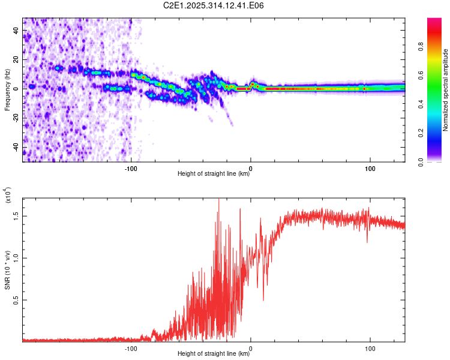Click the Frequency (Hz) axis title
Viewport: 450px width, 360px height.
7,89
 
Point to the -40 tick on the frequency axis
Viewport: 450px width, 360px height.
14,147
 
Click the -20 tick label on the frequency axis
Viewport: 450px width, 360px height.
14,118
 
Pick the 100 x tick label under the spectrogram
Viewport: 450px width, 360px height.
370,169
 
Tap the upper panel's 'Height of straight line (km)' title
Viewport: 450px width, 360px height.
214,174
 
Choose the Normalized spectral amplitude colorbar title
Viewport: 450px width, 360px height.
446,90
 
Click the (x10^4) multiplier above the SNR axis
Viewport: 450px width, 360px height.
8,195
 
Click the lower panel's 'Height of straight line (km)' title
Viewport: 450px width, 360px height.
214,354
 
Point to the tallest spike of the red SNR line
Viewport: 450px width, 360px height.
218,200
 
